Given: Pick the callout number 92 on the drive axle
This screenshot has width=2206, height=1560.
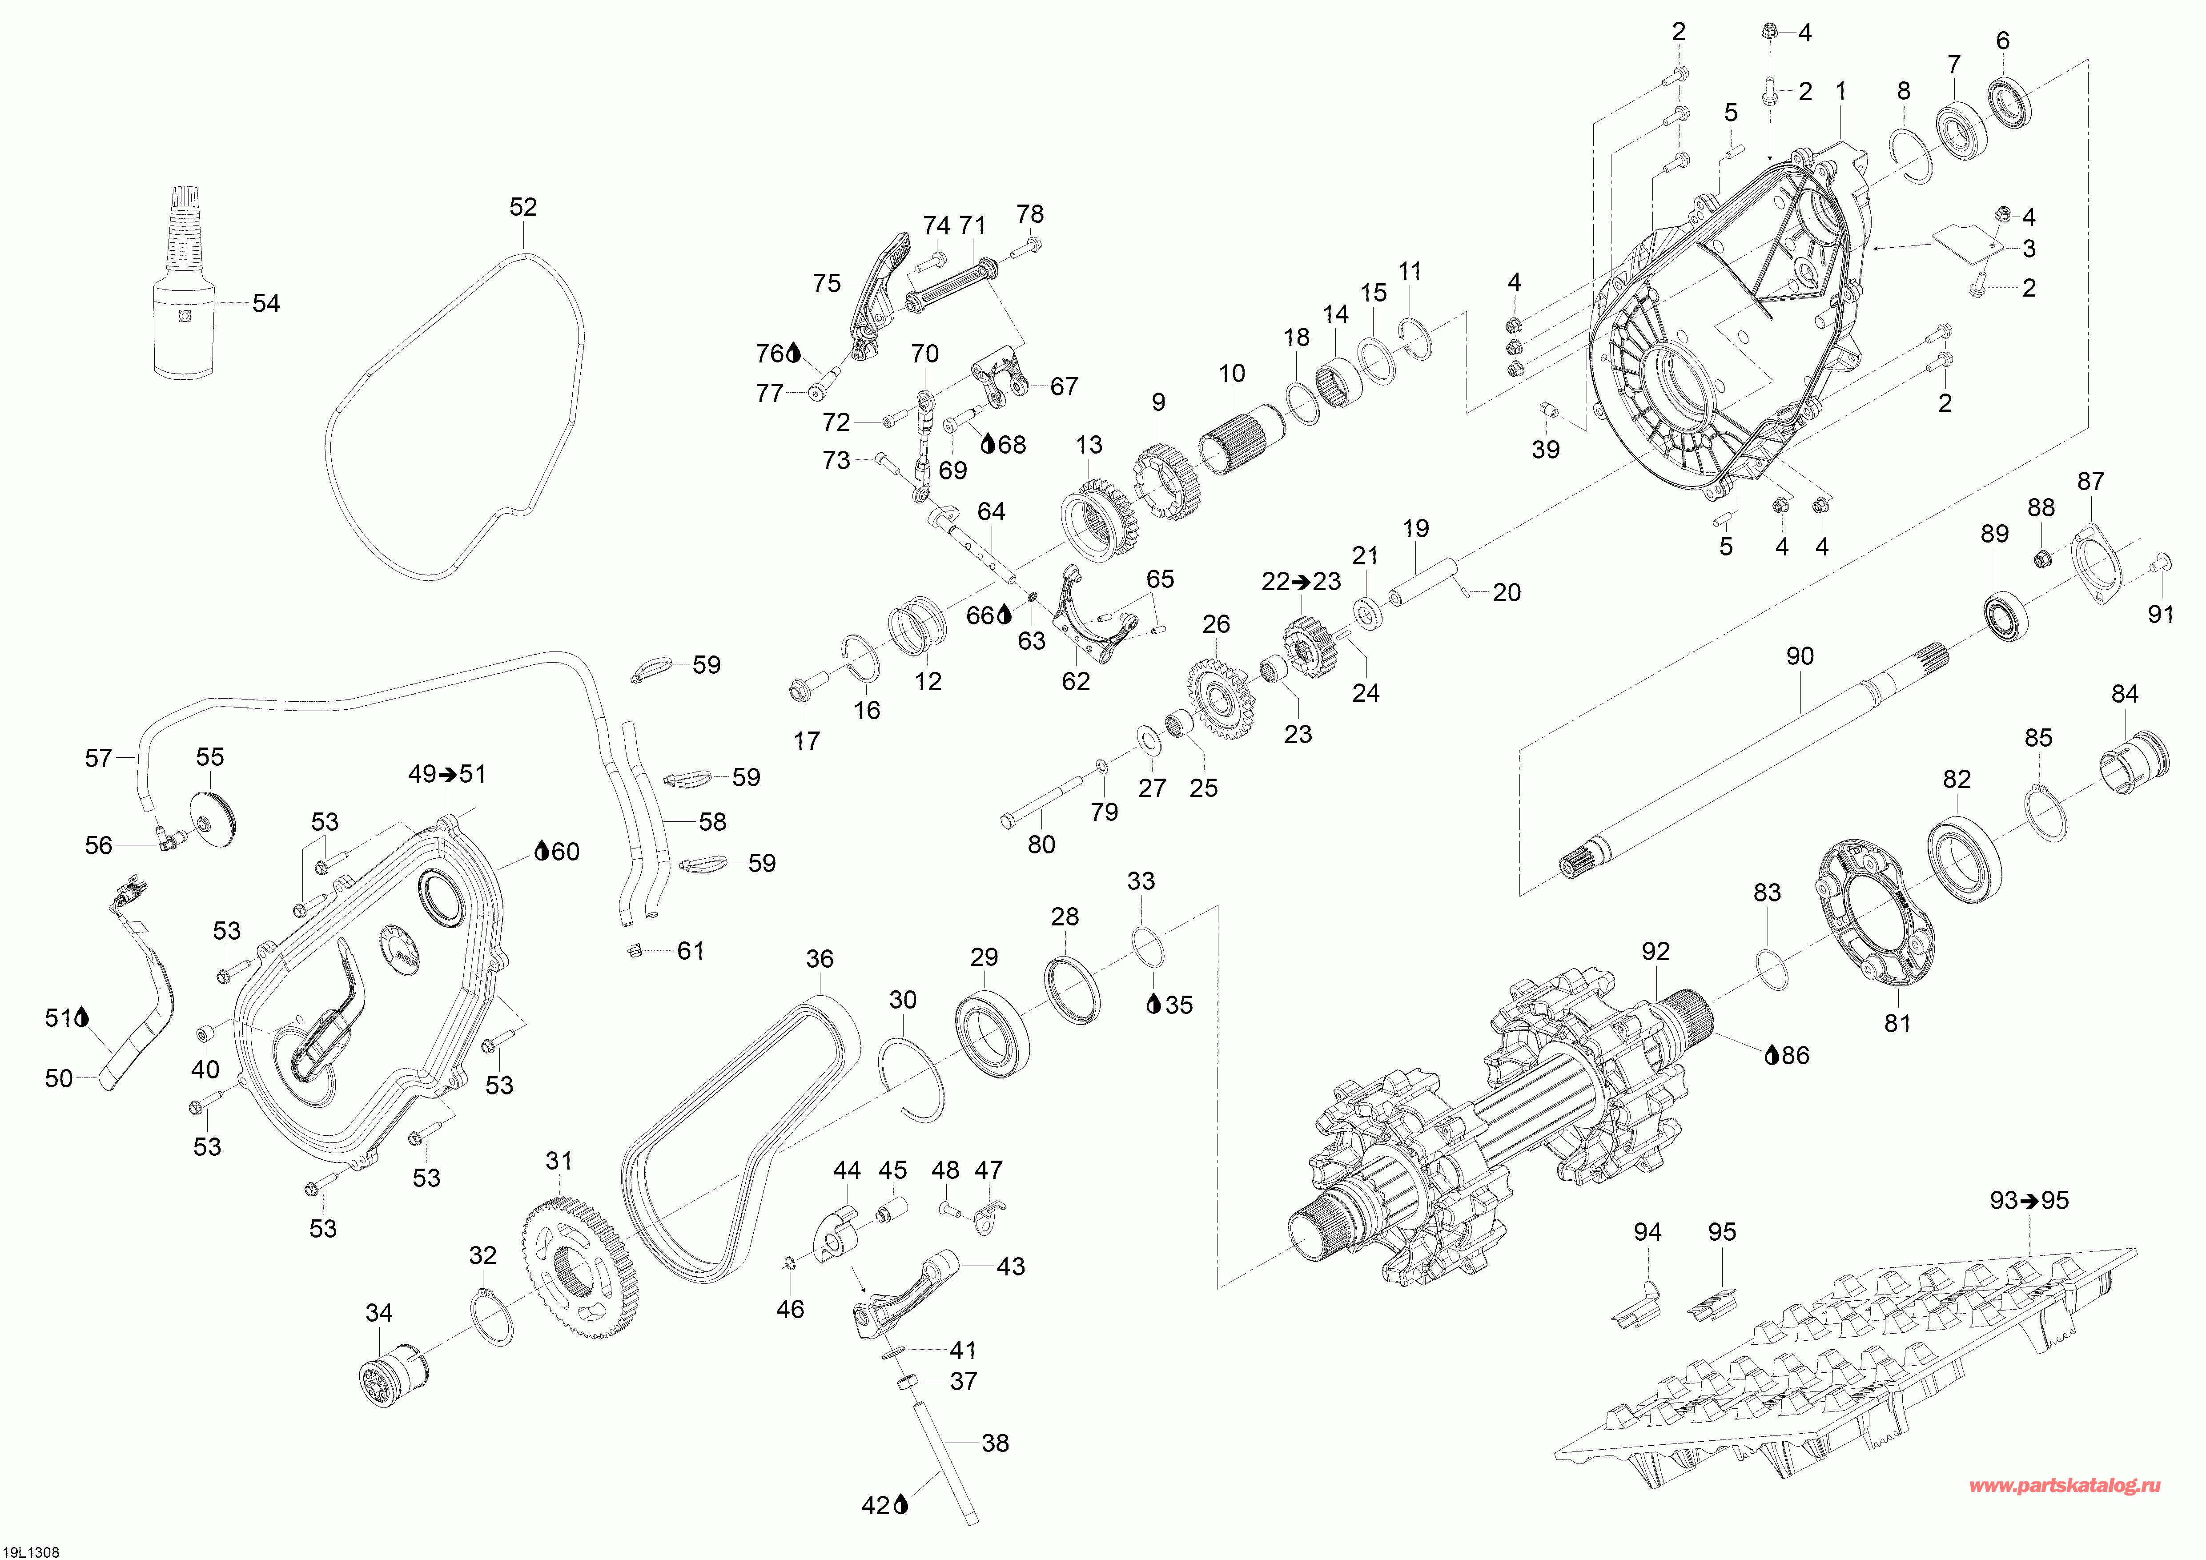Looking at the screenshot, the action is pyautogui.click(x=1656, y=951).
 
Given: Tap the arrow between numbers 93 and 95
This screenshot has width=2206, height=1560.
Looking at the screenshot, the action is pyautogui.click(x=2028, y=1201).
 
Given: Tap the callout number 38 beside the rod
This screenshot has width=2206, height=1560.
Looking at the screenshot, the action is pyautogui.click(x=995, y=1443).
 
